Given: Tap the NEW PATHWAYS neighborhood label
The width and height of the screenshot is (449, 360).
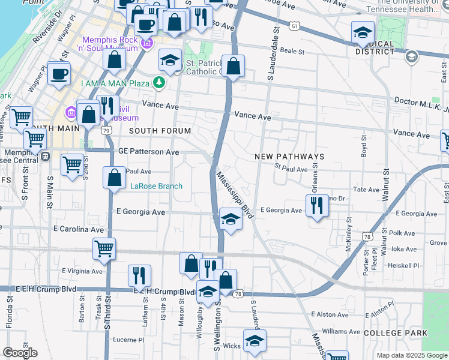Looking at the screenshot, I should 289,157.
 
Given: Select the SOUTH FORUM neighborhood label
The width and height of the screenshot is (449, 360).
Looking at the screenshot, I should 160,131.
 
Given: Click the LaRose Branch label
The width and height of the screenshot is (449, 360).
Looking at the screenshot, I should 157,186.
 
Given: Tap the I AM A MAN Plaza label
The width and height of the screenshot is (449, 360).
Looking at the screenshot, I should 118,83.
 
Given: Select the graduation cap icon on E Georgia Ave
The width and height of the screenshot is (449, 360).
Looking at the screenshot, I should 230,219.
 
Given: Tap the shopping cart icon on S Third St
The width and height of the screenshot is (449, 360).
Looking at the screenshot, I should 104,248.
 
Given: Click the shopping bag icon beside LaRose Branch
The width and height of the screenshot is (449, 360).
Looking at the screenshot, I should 114,178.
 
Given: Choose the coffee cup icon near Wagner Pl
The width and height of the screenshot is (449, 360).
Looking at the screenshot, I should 59,74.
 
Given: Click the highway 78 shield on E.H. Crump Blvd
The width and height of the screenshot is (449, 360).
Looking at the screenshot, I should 239,293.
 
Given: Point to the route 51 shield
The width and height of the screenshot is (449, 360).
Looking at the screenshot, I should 293,26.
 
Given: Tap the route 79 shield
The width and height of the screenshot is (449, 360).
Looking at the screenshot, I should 106,130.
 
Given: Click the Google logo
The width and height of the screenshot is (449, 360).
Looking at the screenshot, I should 20,353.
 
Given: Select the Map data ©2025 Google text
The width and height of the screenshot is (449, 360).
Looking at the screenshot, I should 412,355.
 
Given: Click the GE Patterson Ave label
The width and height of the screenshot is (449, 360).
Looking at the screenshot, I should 149,152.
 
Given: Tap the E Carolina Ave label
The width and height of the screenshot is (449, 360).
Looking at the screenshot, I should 79,229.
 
